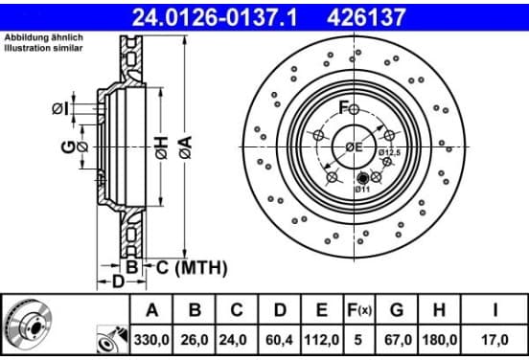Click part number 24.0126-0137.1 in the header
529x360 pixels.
215,17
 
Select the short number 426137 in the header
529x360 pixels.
366,17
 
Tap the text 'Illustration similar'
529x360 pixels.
43,48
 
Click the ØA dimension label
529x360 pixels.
186,147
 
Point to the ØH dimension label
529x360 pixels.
162,147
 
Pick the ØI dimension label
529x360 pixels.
60,108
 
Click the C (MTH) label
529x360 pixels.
192,268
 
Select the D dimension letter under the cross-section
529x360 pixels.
118,281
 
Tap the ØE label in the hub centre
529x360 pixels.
354,147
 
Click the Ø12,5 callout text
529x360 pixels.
389,152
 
